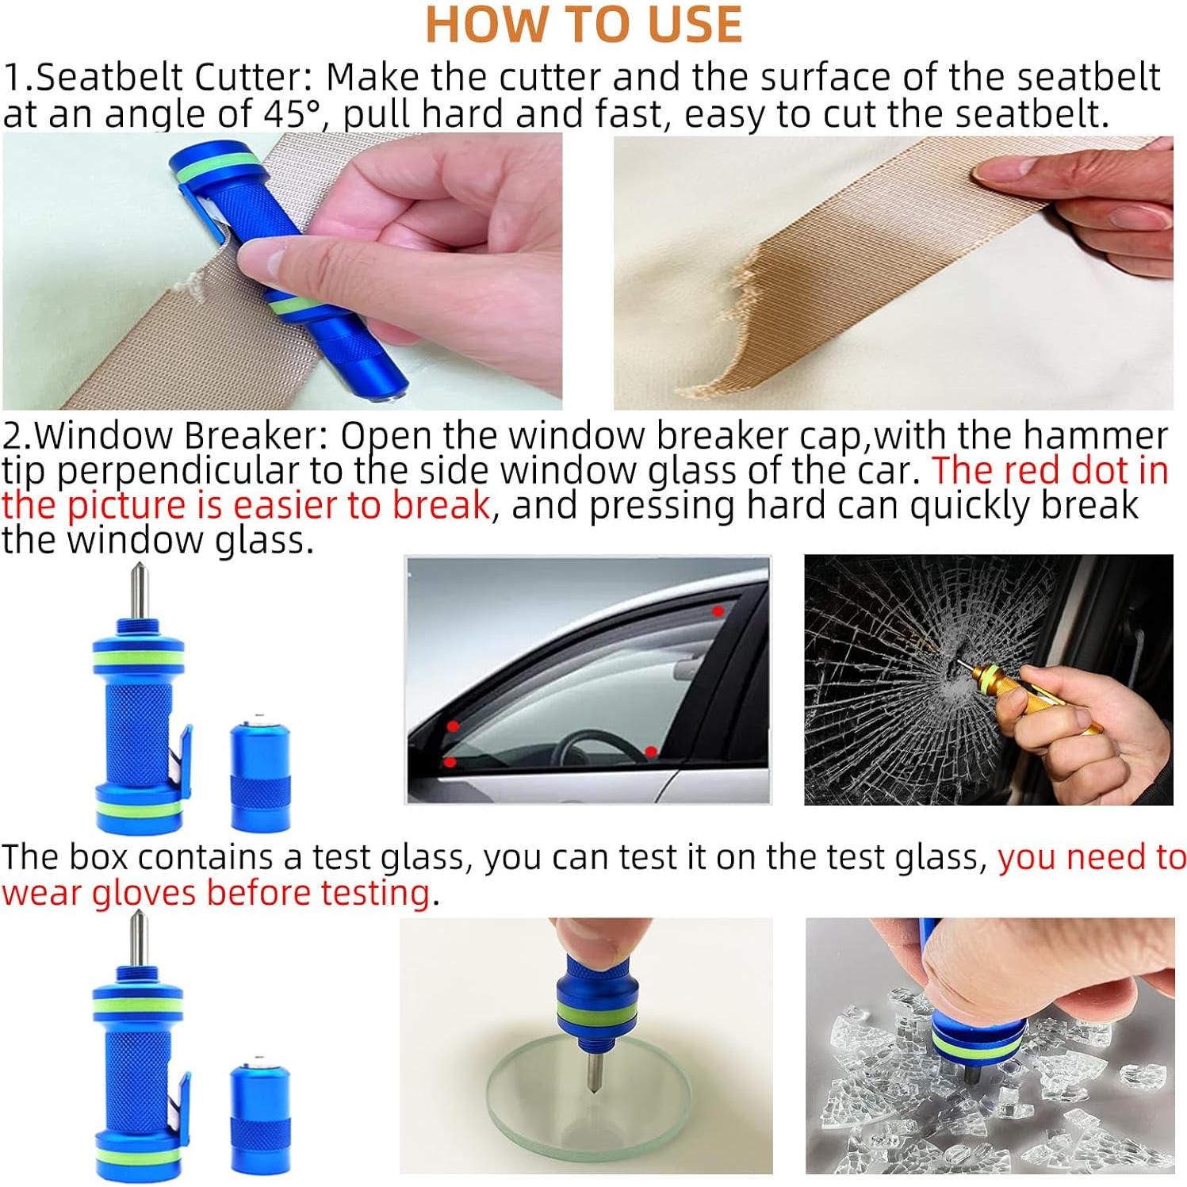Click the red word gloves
[x=144, y=893]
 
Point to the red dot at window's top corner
[x=718, y=611]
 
